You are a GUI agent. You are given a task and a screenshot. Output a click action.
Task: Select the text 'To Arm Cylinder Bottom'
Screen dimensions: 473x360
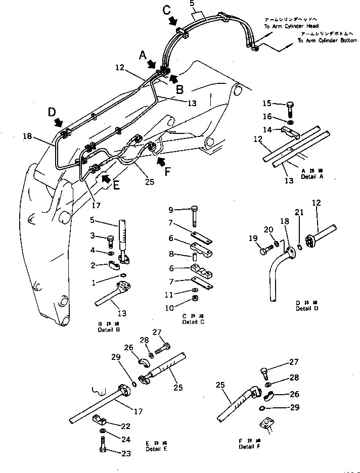pyautogui.click(x=327, y=40)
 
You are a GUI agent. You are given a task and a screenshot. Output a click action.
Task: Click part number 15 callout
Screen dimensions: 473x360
pyautogui.click(x=267, y=103)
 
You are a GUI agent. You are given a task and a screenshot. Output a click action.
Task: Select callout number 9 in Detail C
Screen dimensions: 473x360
pyautogui.click(x=171, y=209)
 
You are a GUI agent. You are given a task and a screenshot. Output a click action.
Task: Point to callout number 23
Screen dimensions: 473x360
pyautogui.click(x=125, y=453)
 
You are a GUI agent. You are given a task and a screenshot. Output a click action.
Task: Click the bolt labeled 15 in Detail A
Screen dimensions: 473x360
pyautogui.click(x=290, y=109)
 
